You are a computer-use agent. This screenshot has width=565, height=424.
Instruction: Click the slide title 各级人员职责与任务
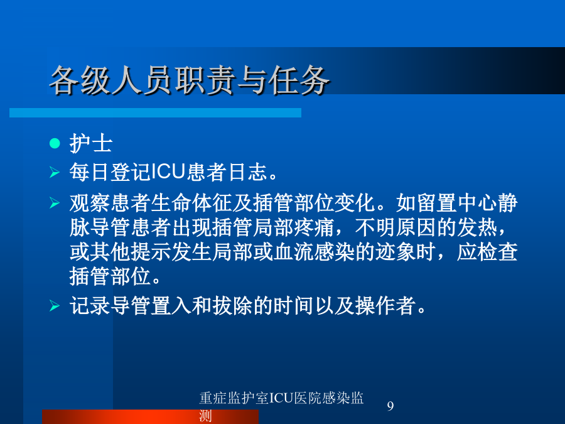[x=189, y=80]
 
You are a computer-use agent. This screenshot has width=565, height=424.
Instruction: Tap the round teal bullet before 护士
[x=55, y=143]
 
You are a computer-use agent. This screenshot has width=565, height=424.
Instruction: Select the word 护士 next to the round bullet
[x=91, y=143]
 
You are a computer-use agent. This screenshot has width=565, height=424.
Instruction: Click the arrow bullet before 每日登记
[x=55, y=172]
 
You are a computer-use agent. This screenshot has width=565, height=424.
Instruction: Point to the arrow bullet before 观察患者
[x=55, y=203]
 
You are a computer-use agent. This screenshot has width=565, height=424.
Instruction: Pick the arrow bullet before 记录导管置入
[x=55, y=306]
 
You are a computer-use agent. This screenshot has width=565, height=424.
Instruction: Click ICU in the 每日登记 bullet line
[x=168, y=171]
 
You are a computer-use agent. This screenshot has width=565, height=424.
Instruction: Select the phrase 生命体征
[x=191, y=203]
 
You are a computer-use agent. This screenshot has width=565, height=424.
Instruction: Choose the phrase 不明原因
[x=395, y=227]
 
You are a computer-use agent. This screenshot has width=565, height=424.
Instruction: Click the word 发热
[x=477, y=227]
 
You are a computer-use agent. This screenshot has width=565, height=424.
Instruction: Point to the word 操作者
[x=385, y=306]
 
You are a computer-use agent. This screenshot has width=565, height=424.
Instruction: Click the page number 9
[x=390, y=406]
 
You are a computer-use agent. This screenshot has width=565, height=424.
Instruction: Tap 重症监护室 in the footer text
[x=234, y=398]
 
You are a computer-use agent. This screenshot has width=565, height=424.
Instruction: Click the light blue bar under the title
[x=155, y=112]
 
